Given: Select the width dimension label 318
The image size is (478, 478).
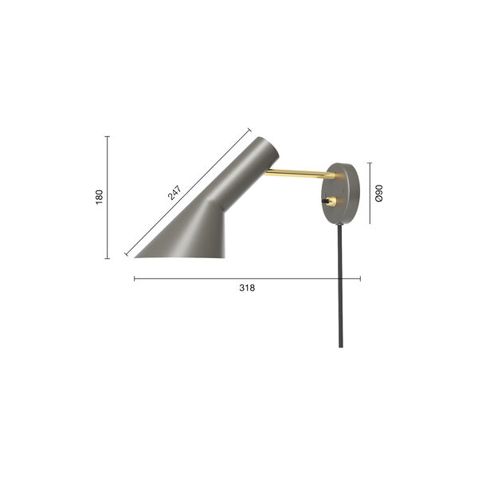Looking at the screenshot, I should [247, 289].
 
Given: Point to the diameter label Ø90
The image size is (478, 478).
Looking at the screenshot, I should [379, 193].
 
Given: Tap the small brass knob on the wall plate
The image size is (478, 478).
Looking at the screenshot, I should [329, 202].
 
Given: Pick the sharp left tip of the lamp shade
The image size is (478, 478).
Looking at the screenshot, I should [136, 256].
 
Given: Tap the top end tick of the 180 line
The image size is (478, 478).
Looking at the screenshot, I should [108, 136].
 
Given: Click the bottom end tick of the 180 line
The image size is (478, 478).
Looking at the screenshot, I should [108, 259].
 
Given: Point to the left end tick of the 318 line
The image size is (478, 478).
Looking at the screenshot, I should [134, 278].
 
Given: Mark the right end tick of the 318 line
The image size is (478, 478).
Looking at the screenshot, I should [361, 278].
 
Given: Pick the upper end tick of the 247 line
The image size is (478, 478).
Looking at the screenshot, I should [249, 129].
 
